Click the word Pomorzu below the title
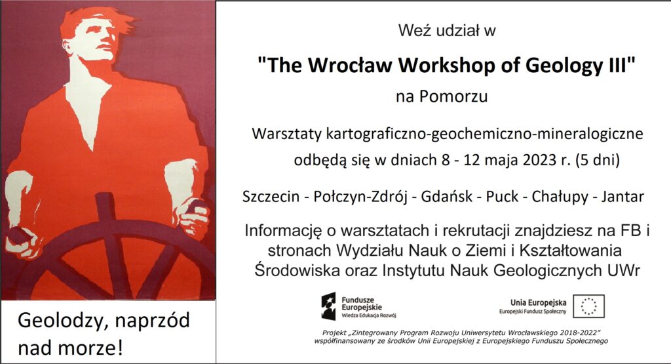(x=453, y=96)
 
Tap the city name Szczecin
(x=271, y=197)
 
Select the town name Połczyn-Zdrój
(x=360, y=197)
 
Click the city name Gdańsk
(x=447, y=197)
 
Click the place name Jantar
(x=623, y=197)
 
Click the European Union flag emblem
(x=589, y=306)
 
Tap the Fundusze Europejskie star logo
(x=329, y=307)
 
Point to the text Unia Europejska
(x=539, y=303)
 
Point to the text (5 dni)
(x=598, y=160)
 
